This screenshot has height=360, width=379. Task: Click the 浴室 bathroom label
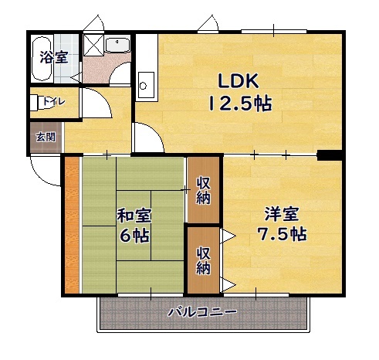click(54, 57)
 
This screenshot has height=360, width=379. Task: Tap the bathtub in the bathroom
click(42, 59)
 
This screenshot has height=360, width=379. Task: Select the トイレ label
click(54, 101)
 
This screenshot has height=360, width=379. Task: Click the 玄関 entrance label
click(46, 137)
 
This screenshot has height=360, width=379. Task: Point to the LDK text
click(239, 81)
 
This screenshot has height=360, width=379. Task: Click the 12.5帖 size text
click(240, 104)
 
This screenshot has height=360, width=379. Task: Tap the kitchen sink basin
click(146, 85)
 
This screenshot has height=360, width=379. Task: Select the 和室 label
click(134, 216)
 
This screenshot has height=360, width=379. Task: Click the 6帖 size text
click(134, 236)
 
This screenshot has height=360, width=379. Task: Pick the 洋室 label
click(282, 214)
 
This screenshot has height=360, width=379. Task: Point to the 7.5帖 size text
click(282, 234)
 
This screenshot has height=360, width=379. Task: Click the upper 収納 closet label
click(203, 191)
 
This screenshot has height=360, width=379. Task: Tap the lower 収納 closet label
click(203, 260)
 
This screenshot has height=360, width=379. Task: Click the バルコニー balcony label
click(202, 312)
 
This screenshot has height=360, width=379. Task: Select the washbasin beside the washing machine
click(118, 46)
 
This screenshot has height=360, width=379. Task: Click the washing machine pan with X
click(93, 45)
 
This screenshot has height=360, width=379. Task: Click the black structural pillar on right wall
click(330, 155)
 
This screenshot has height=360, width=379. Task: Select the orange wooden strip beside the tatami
click(72, 225)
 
